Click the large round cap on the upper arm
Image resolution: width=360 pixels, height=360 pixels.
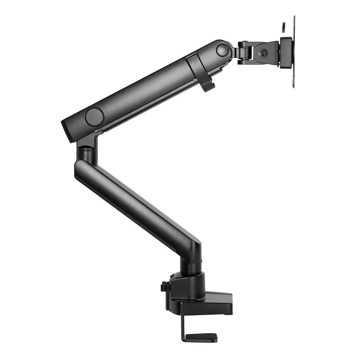tap(94, 117)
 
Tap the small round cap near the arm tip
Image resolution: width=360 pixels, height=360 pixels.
tap(222, 50)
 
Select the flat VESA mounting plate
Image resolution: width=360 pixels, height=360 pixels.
tap(293, 51)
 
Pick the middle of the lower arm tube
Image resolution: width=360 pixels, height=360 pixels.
tap(136, 204)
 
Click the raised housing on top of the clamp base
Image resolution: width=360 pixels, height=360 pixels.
tap(188, 284)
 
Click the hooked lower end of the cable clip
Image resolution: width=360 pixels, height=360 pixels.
tap(209, 87)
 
